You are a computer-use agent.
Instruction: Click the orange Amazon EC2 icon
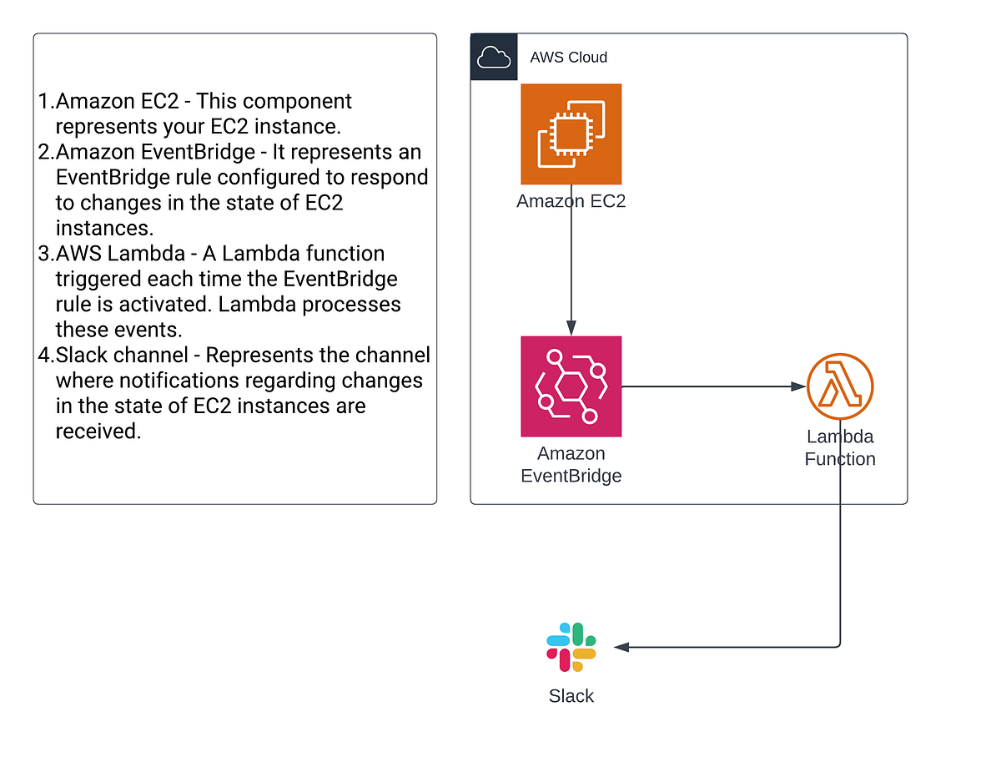pyautogui.click(x=571, y=134)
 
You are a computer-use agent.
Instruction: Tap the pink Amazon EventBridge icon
pyautogui.click(x=571, y=386)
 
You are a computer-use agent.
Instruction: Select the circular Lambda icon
pyautogui.click(x=839, y=387)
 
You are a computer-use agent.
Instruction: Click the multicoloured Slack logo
pyautogui.click(x=571, y=647)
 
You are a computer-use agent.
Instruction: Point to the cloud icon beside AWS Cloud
pyautogui.click(x=493, y=57)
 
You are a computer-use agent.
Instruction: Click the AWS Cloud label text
pyautogui.click(x=568, y=58)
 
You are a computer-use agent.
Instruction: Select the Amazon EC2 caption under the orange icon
pyautogui.click(x=571, y=201)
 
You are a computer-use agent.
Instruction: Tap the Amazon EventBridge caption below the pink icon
pyautogui.click(x=571, y=465)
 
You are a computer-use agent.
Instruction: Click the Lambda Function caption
pyautogui.click(x=839, y=447)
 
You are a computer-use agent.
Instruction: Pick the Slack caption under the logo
pyautogui.click(x=571, y=696)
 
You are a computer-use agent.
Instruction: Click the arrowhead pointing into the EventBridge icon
pyautogui.click(x=571, y=329)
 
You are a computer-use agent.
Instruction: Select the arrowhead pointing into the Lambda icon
pyautogui.click(x=799, y=387)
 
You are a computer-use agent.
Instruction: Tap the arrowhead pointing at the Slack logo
pyautogui.click(x=621, y=647)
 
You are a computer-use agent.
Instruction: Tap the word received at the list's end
pyautogui.click(x=98, y=431)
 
